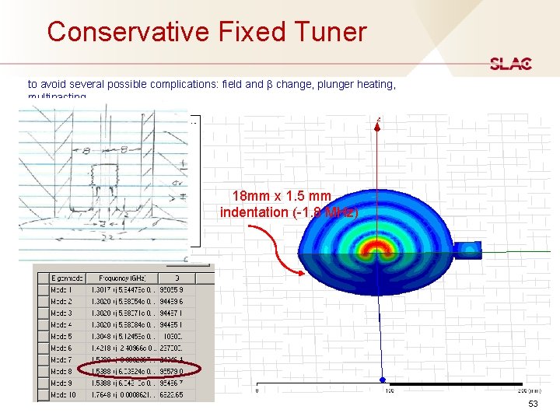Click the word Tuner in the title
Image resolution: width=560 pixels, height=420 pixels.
(x=327, y=32)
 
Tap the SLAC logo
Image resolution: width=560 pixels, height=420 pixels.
(x=510, y=64)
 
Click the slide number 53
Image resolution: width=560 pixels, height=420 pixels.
(x=533, y=404)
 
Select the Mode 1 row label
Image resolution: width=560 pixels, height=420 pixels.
(x=61, y=289)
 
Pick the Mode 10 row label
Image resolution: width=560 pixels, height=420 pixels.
(x=63, y=395)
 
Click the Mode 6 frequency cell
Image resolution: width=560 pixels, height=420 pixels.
(x=122, y=348)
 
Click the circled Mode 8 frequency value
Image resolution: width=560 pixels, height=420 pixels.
(x=123, y=372)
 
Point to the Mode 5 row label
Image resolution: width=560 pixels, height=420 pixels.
(x=61, y=336)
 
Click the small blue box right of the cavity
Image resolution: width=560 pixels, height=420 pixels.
(x=471, y=249)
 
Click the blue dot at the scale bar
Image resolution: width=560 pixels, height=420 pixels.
(x=382, y=380)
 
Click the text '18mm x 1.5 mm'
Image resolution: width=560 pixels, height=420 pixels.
(x=281, y=197)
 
